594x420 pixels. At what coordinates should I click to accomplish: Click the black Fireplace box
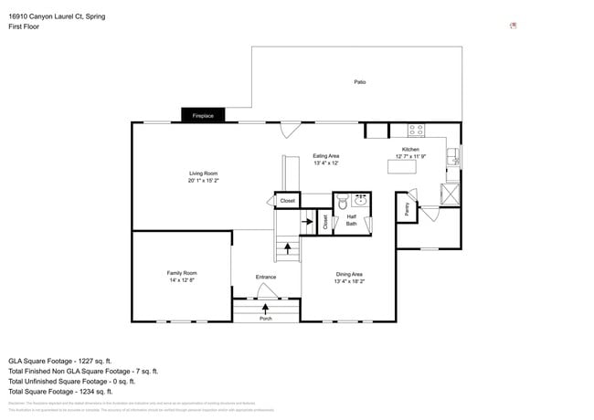point(202,116)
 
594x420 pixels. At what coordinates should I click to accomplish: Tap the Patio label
point(360,82)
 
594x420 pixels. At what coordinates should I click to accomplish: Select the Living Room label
point(203,173)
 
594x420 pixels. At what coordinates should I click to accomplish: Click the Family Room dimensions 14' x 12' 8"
point(181,280)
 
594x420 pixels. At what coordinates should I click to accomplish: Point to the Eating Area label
point(326,156)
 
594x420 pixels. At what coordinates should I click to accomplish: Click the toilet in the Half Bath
point(343,203)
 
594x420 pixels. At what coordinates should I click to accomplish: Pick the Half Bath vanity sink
point(361,201)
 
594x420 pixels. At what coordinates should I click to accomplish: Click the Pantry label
point(406,209)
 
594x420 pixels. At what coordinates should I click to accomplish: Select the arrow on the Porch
point(265,309)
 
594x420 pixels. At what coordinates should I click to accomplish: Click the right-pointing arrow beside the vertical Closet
point(307,221)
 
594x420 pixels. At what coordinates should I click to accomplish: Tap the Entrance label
point(265,277)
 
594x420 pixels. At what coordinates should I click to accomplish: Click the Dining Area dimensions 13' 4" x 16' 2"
point(349,281)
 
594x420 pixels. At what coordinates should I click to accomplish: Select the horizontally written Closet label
point(287,200)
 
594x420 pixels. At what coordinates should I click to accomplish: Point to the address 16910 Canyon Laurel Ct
point(50,16)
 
